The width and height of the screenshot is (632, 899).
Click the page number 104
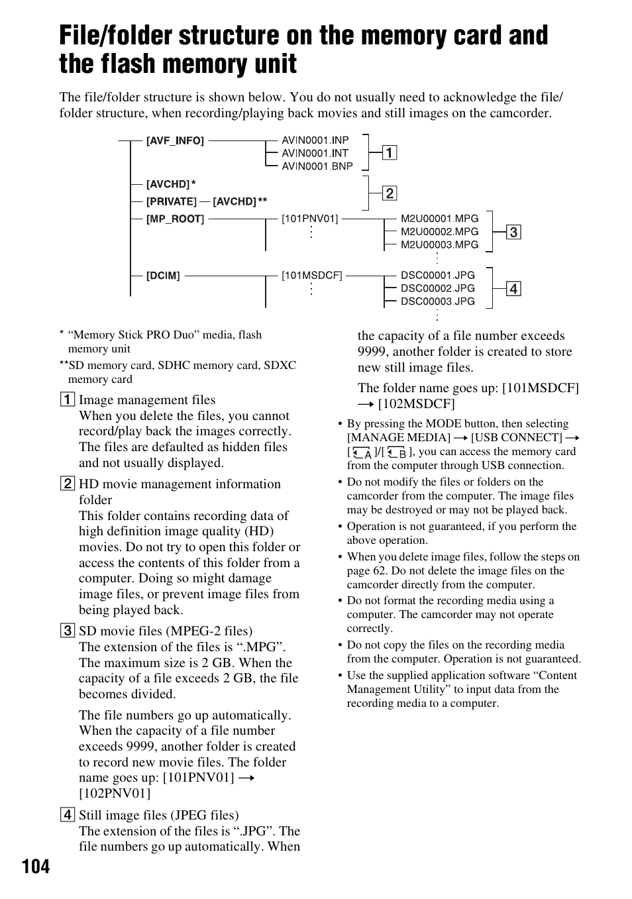click(36, 866)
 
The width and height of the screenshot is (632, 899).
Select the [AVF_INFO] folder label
click(175, 141)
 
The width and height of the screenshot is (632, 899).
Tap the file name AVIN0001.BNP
click(317, 166)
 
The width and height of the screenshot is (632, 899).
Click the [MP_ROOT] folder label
click(175, 219)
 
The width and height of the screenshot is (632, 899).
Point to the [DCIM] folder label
click(163, 276)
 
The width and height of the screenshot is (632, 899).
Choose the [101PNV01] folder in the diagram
click(309, 219)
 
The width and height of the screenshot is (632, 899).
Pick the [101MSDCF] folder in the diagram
click(311, 276)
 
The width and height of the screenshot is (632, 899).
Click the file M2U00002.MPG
click(439, 231)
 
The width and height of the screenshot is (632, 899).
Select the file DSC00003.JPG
click(437, 301)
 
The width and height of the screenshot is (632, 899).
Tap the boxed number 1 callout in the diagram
click(390, 153)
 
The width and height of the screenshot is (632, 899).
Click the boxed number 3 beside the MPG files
click(513, 233)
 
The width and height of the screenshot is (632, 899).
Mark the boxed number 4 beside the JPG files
click(513, 289)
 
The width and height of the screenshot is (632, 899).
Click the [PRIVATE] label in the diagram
click(171, 201)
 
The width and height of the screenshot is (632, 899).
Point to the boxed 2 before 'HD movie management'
click(67, 484)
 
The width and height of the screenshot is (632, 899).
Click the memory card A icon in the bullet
click(362, 453)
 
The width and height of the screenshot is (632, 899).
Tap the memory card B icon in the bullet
click(397, 453)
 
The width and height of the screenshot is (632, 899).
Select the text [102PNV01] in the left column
click(115, 794)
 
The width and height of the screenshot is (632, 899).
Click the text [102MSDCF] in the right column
click(417, 404)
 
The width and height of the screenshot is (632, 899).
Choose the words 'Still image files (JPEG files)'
click(158, 816)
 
